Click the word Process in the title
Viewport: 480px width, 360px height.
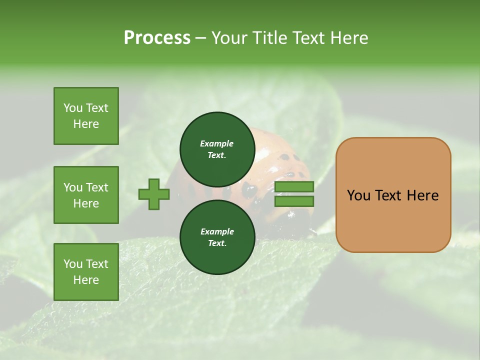(157, 38)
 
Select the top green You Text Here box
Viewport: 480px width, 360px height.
(86, 116)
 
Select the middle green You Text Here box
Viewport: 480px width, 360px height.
(86, 195)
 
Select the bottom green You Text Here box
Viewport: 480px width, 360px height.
(86, 272)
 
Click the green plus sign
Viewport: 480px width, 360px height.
(154, 194)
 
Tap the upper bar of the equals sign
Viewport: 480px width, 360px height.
(294, 186)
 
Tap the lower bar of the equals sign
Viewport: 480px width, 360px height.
(294, 201)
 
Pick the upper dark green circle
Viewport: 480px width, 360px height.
(216, 149)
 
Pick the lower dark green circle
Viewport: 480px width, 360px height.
(216, 237)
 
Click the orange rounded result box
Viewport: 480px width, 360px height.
(393, 195)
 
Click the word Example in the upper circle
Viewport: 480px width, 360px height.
(216, 143)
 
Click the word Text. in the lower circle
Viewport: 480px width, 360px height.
(216, 243)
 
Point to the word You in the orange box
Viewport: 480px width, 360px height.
(358, 195)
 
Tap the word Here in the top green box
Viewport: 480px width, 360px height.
(86, 124)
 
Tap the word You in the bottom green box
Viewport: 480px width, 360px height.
(73, 264)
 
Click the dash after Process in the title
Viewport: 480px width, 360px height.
(200, 38)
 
